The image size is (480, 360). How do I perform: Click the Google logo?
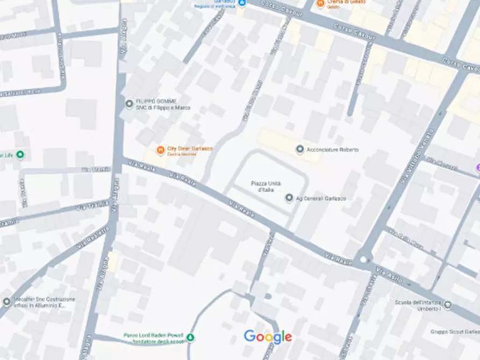[x=268, y=337]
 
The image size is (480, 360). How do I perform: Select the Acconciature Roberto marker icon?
[x=300, y=149]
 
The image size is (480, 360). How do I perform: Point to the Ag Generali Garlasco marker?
[x=289, y=198]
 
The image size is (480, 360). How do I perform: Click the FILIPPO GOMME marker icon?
[x=129, y=104]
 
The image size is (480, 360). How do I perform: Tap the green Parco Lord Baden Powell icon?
[x=190, y=337]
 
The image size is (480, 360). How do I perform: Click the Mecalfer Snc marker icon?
[x=6, y=302]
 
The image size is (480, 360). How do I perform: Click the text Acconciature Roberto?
[x=332, y=150]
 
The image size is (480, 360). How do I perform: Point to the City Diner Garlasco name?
[x=190, y=148]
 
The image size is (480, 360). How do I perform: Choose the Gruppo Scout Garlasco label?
[x=456, y=332]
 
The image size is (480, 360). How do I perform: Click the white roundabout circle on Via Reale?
[x=363, y=260]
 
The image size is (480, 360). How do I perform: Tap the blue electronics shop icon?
[x=241, y=3]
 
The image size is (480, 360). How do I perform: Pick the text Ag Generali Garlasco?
[x=321, y=198]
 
